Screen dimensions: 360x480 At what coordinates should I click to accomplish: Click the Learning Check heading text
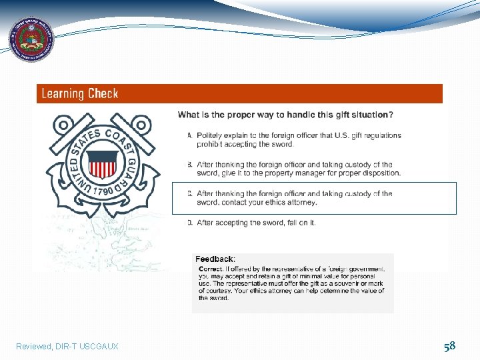point(80,94)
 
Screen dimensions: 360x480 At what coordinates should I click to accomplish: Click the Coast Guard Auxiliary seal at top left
point(31,39)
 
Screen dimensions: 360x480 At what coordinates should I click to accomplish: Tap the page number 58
point(450,345)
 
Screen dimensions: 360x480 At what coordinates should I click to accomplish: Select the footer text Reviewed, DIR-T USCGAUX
point(67,347)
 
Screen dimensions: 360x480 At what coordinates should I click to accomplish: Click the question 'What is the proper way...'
point(285,115)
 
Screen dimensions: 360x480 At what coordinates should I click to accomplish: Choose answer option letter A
point(189,135)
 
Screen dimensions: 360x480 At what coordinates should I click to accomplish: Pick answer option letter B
point(189,165)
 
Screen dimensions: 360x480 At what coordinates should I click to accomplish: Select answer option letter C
point(189,194)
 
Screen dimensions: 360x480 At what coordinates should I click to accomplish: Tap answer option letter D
point(189,223)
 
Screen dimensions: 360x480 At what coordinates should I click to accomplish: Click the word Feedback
point(215,259)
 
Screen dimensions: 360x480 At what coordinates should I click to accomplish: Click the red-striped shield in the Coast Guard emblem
point(103,164)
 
